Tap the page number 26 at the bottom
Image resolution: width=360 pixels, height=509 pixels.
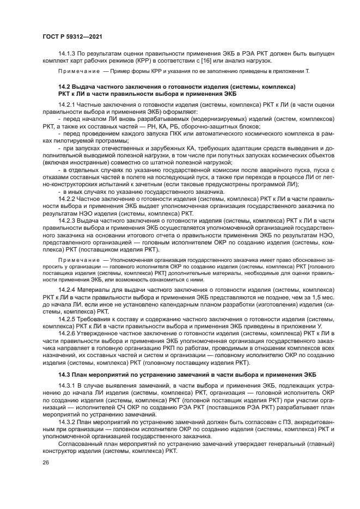tap(45, 463)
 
